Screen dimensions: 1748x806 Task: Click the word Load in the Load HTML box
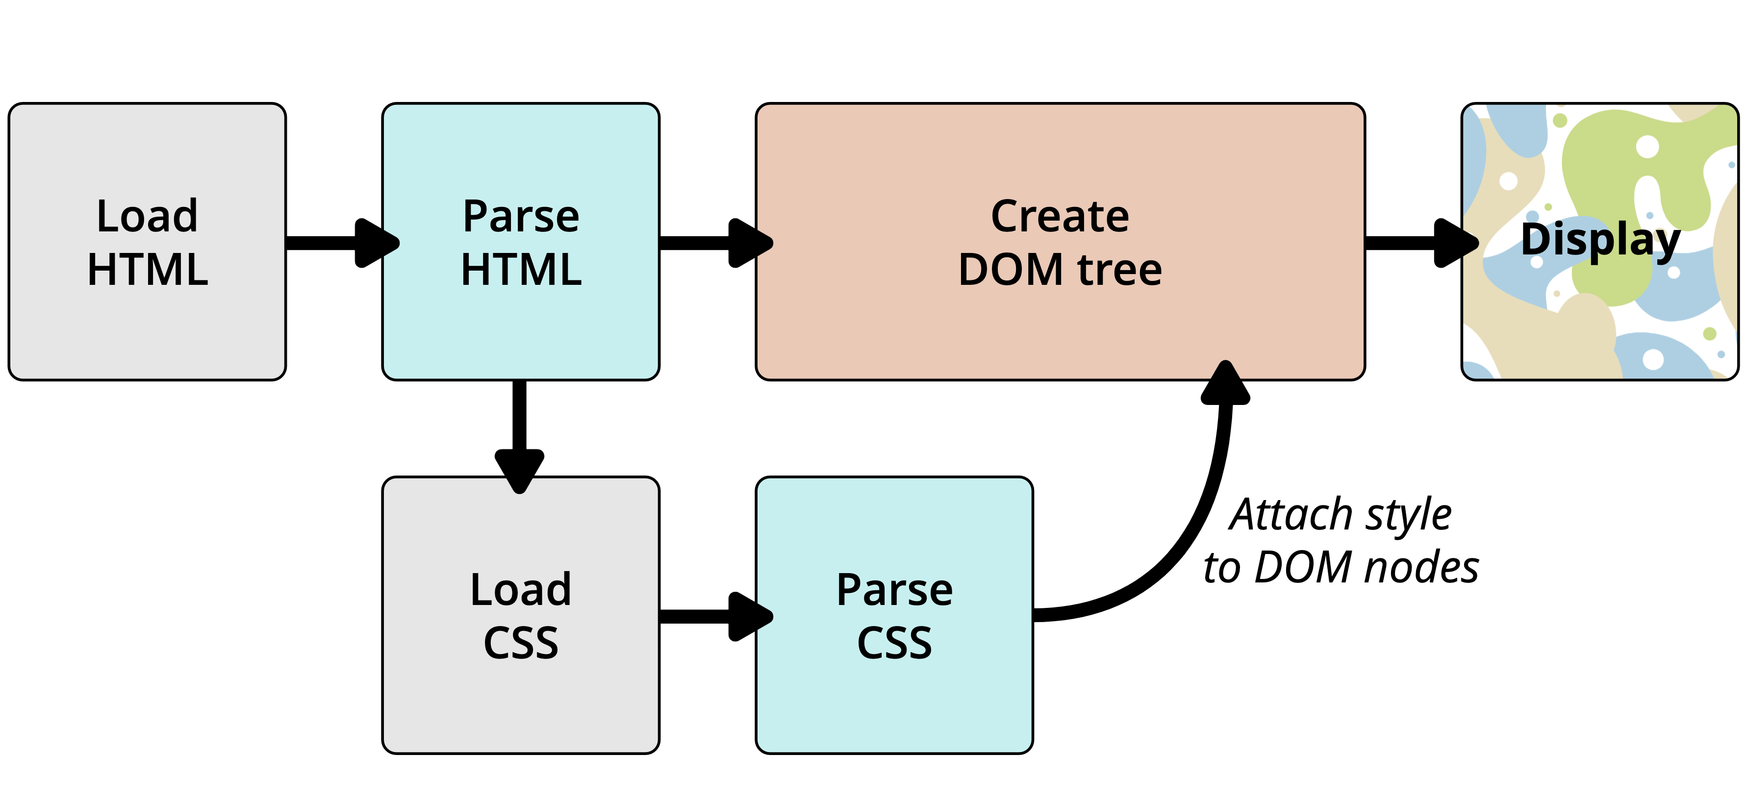click(147, 216)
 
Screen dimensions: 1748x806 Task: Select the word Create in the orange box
click(1060, 216)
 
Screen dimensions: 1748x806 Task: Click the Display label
click(1600, 241)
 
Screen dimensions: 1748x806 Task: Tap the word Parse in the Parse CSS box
click(894, 590)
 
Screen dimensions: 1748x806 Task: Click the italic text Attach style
click(1341, 516)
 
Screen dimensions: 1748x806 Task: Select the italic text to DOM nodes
click(1341, 568)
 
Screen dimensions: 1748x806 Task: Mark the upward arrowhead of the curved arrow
click(1225, 382)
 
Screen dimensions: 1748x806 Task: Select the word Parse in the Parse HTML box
click(521, 216)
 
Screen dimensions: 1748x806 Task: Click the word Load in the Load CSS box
click(521, 590)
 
